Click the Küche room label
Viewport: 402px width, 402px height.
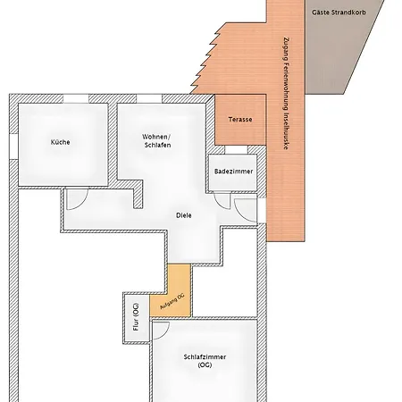[x=61, y=142]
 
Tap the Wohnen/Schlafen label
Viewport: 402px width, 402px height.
[x=156, y=141]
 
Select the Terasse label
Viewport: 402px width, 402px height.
[x=240, y=120]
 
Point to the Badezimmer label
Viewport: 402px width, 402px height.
[x=233, y=172]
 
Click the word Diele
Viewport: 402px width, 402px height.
[x=184, y=215]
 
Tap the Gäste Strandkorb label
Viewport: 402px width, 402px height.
[x=339, y=13]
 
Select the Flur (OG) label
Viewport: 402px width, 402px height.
[x=136, y=317]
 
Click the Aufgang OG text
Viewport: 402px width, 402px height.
[x=172, y=302]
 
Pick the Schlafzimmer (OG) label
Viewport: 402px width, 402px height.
[x=205, y=361]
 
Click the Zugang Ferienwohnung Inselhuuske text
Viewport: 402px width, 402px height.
[x=286, y=93]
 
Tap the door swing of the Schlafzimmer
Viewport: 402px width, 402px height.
[x=161, y=331]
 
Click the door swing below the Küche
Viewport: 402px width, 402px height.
[x=78, y=199]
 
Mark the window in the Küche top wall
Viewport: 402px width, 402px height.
[x=76, y=98]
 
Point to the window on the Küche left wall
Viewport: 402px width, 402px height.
[x=13, y=147]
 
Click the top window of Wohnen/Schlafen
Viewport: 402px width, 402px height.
[x=149, y=98]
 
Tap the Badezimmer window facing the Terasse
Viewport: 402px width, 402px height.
[x=236, y=150]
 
